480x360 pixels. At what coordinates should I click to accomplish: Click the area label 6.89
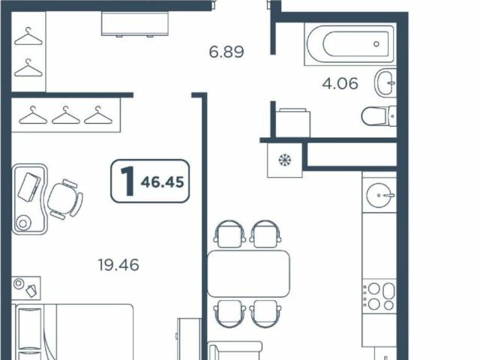[227, 52]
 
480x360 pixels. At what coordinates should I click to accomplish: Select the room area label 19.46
[118, 264]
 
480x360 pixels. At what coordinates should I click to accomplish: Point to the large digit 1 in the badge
[128, 181]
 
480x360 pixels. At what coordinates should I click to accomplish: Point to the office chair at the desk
[64, 199]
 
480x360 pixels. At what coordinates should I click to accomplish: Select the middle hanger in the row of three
[66, 115]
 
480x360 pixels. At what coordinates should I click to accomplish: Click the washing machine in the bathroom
[292, 122]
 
